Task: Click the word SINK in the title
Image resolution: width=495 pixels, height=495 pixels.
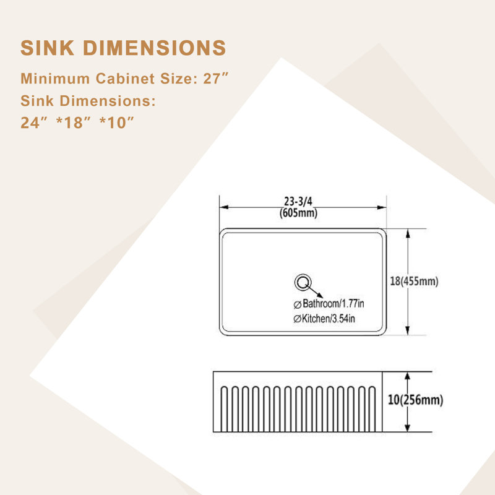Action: [48, 48]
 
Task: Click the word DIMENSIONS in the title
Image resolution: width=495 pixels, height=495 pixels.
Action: [155, 48]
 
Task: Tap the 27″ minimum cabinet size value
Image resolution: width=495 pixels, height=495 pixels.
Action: [215, 79]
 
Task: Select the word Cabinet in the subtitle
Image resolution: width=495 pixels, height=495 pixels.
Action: [126, 79]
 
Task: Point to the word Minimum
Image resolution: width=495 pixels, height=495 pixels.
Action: [55, 79]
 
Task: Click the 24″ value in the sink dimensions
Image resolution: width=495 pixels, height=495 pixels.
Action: [34, 123]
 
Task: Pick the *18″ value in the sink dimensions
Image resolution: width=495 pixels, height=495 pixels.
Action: [74, 123]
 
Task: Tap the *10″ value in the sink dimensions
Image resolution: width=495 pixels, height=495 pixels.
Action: [117, 123]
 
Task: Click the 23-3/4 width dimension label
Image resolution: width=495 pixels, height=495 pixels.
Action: [298, 201]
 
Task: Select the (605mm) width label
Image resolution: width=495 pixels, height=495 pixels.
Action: [298, 213]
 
